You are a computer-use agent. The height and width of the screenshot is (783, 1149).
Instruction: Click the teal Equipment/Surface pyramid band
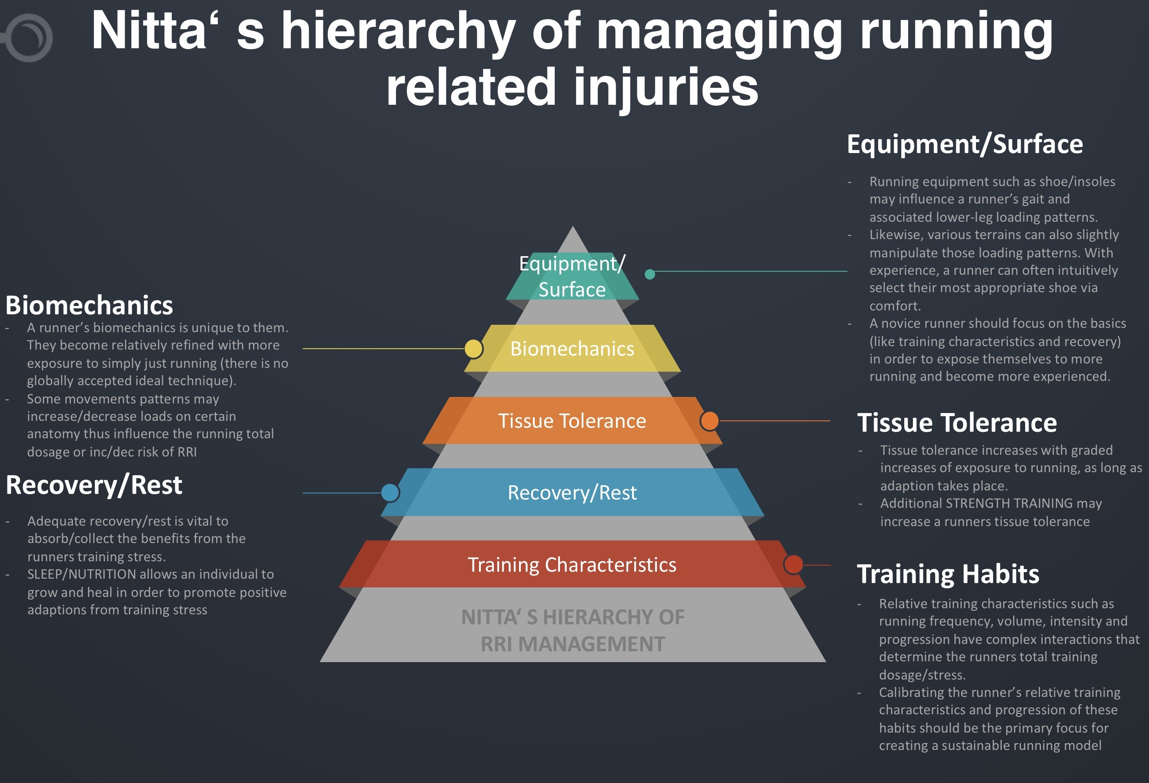[x=572, y=277]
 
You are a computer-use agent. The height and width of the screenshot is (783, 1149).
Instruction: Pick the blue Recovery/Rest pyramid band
[x=572, y=492]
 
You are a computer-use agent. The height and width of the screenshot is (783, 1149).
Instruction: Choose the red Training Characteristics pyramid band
[x=572, y=564]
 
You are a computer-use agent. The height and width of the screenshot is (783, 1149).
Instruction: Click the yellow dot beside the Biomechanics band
[x=473, y=349]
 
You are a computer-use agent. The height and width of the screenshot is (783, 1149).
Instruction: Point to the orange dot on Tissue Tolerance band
[x=709, y=421]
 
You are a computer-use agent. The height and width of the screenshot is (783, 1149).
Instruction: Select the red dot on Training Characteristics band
[x=793, y=564]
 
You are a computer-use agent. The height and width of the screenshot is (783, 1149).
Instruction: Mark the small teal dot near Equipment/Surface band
[x=650, y=274]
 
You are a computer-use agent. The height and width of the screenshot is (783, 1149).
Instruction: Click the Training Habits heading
[x=948, y=574]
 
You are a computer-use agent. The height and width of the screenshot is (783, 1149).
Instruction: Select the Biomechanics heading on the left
[x=89, y=305]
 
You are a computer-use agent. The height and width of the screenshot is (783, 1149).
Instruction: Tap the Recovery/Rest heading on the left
[x=94, y=485]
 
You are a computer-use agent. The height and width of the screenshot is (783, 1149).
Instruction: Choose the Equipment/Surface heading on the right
[x=965, y=144]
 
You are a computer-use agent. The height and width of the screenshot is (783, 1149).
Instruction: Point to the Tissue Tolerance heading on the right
[x=957, y=423]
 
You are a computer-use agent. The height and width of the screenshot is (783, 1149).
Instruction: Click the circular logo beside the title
[x=28, y=37]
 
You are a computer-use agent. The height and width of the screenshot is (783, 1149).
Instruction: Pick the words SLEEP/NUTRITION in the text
[x=82, y=574]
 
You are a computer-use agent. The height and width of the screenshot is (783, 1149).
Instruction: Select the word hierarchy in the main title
[x=398, y=32]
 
